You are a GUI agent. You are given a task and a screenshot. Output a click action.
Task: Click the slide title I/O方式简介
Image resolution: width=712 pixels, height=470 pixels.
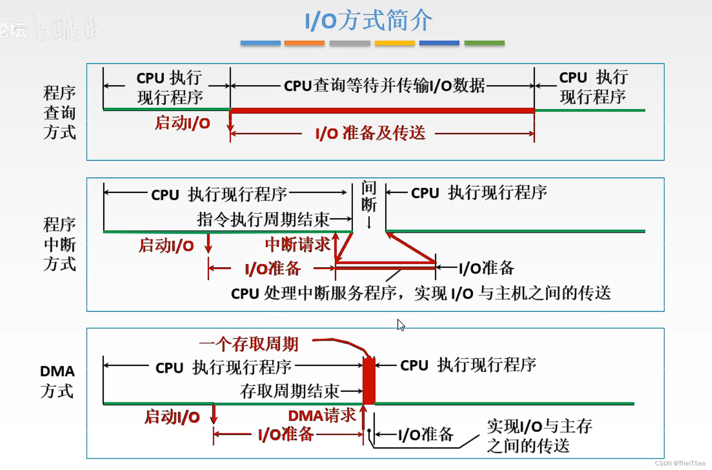(x=368, y=21)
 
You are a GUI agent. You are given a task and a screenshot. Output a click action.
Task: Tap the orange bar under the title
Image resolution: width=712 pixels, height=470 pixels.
(x=304, y=43)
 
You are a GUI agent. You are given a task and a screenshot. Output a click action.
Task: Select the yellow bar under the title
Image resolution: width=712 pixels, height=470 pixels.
(x=394, y=43)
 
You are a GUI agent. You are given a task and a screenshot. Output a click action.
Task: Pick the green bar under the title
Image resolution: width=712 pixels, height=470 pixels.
(x=484, y=43)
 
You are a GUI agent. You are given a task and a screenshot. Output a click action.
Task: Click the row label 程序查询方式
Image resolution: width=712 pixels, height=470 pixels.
(x=59, y=112)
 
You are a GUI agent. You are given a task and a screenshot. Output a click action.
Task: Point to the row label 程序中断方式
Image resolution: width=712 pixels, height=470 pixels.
(x=59, y=244)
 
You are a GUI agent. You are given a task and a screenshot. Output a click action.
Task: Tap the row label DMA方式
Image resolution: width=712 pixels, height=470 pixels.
(x=57, y=381)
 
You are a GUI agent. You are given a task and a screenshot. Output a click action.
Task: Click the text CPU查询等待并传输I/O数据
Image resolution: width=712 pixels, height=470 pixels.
(x=384, y=86)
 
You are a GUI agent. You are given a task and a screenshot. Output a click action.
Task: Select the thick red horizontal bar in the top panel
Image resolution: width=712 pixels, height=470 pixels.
(x=382, y=110)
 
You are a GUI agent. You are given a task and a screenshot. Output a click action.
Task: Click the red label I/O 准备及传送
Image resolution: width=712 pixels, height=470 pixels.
(x=370, y=134)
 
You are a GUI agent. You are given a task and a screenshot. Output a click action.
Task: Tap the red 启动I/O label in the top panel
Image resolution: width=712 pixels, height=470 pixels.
(x=182, y=123)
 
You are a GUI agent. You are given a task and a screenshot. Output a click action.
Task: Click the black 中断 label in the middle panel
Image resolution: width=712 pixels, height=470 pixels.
(x=369, y=196)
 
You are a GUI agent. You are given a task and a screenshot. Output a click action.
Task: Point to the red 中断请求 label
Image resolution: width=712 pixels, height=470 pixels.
(x=297, y=245)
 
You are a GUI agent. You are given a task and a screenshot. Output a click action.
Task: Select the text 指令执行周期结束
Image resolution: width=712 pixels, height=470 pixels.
(x=263, y=219)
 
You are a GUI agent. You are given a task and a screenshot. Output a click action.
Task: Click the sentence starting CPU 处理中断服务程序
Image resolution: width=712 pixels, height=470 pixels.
(x=420, y=293)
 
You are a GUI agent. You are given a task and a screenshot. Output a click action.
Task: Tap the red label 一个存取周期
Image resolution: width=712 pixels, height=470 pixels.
(x=249, y=344)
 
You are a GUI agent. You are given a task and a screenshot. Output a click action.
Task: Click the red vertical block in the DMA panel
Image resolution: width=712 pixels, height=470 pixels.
(x=369, y=381)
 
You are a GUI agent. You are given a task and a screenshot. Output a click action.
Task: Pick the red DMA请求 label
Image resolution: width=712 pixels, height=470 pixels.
(x=321, y=416)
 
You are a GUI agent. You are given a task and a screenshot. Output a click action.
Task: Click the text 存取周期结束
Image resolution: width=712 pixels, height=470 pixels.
(x=289, y=391)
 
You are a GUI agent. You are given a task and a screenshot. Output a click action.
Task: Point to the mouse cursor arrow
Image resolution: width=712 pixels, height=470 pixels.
(x=401, y=325)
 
